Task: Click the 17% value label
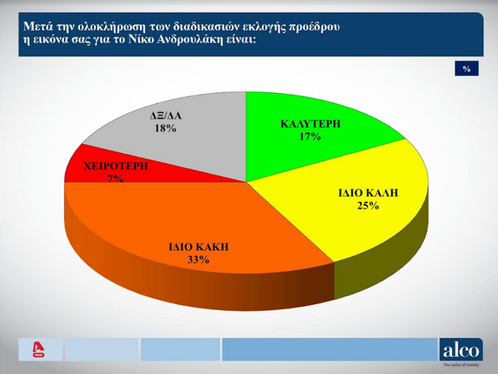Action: pyautogui.click(x=310, y=136)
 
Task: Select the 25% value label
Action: pyautogui.click(x=368, y=206)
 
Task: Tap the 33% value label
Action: pyautogui.click(x=198, y=260)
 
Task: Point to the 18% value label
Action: pyautogui.click(x=165, y=128)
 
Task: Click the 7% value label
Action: pyautogui.click(x=116, y=179)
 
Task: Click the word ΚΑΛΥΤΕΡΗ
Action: pyautogui.click(x=310, y=124)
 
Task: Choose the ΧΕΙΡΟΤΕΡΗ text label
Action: pyautogui.click(x=116, y=166)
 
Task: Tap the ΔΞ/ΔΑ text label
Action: pyautogui.click(x=166, y=116)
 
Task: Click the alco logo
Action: pyautogui.click(x=461, y=349)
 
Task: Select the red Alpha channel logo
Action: pyautogui.click(x=38, y=349)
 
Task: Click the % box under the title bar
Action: pyautogui.click(x=466, y=68)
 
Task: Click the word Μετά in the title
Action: pyautogui.click(x=35, y=26)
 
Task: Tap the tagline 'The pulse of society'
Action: pyautogui.click(x=461, y=365)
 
